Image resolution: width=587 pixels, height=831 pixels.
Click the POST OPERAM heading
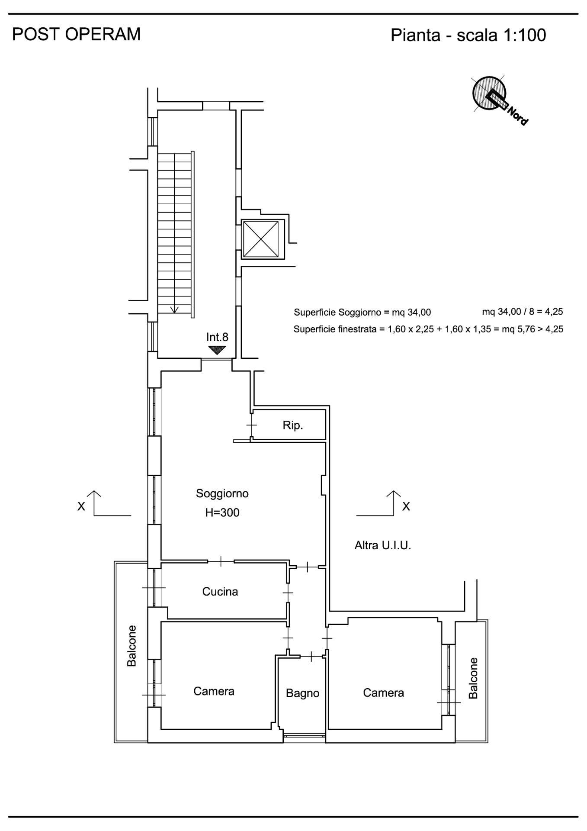[x=76, y=34]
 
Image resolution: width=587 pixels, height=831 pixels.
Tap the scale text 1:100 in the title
[x=524, y=35]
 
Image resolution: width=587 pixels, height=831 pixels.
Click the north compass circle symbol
[x=489, y=93]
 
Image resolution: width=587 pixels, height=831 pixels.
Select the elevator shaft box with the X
[x=260, y=239]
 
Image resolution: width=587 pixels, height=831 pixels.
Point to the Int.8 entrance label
[x=217, y=337]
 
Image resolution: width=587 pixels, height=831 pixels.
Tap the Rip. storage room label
[x=293, y=425]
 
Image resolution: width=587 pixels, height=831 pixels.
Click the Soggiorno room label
[x=222, y=493]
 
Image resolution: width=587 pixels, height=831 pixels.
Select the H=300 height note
[x=222, y=512]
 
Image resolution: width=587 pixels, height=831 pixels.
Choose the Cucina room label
[x=220, y=592]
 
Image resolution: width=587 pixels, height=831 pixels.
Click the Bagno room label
[x=303, y=693]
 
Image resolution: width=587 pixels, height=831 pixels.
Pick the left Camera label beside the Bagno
[x=214, y=691]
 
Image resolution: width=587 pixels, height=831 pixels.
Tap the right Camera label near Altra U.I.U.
[x=383, y=693]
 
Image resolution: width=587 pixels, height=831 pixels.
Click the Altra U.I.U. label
[x=383, y=545]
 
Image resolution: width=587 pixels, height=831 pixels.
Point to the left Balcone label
[x=132, y=646]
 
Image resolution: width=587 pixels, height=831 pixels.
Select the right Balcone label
[x=473, y=678]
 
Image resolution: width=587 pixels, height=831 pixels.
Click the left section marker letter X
[x=81, y=506]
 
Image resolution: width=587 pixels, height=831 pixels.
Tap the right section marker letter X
[x=406, y=506]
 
